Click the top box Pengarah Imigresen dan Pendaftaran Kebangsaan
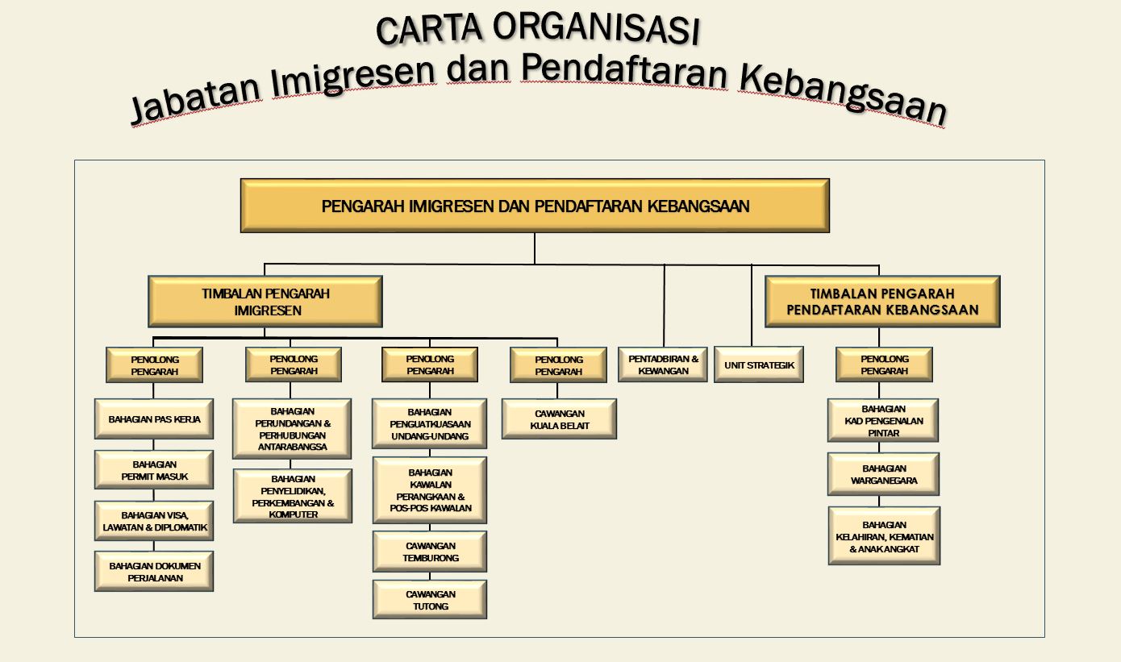tap(535, 206)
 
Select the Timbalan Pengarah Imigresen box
tap(265, 302)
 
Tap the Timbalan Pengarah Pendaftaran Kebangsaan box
tap(882, 302)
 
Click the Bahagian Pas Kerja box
tap(154, 418)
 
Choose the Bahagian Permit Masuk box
tap(154, 470)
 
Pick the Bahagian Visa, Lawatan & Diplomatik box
tap(154, 521)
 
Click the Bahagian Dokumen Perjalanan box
tap(154, 572)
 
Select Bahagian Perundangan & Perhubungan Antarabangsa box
tap(292, 429)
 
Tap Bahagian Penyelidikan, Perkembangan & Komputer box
tap(293, 496)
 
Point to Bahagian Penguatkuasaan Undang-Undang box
tap(429, 423)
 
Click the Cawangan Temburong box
tap(430, 552)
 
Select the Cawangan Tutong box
tap(430, 599)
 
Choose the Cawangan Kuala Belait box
tap(559, 418)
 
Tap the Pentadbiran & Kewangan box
tap(663, 364)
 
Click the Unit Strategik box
tap(759, 364)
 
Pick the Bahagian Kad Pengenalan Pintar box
tap(883, 420)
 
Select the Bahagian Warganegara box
tap(883, 474)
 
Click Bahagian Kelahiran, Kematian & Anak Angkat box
tap(884, 536)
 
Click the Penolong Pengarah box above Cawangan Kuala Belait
tap(559, 364)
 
